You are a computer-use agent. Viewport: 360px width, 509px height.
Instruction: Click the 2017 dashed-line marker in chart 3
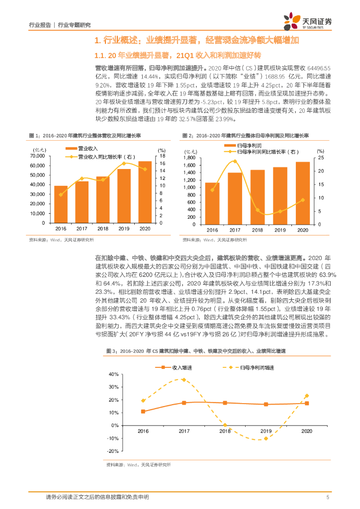[x=183, y=380]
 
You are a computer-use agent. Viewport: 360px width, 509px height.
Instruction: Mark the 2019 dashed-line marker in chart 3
[x=266, y=438]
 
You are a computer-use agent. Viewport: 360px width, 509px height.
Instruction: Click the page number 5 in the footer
[x=328, y=497]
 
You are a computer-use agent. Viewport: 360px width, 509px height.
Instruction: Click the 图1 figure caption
[x=85, y=135]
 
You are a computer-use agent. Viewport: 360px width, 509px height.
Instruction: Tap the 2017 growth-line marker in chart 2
[x=235, y=162]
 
